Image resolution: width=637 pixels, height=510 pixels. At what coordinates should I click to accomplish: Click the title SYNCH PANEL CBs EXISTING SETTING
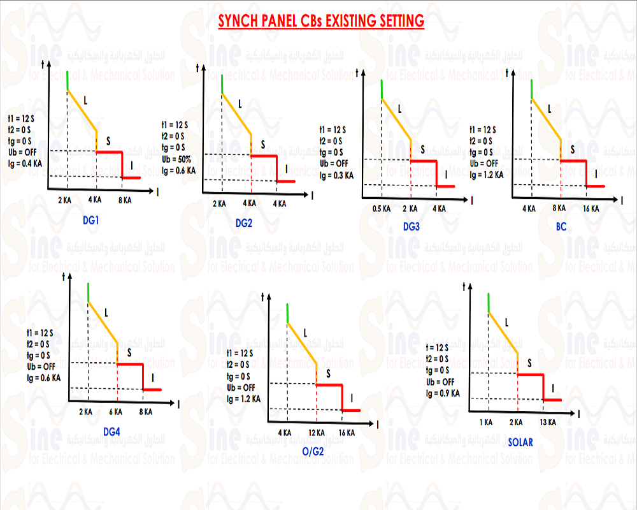click(x=321, y=21)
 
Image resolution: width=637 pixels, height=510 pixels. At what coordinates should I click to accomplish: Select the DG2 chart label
click(x=244, y=222)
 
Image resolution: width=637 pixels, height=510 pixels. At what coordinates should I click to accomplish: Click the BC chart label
click(x=561, y=226)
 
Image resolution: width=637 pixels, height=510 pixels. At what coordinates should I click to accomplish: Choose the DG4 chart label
click(x=111, y=432)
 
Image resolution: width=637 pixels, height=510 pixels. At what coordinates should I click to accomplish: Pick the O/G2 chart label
click(x=313, y=453)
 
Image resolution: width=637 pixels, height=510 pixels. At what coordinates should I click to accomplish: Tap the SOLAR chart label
click(x=520, y=442)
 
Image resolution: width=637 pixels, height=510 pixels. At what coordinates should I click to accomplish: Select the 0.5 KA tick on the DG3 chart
click(x=380, y=209)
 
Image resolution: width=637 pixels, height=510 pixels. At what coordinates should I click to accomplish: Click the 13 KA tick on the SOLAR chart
click(x=547, y=422)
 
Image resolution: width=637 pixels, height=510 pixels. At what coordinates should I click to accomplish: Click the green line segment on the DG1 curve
click(x=67, y=81)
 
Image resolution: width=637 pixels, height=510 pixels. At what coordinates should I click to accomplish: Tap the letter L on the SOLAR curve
click(x=506, y=323)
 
